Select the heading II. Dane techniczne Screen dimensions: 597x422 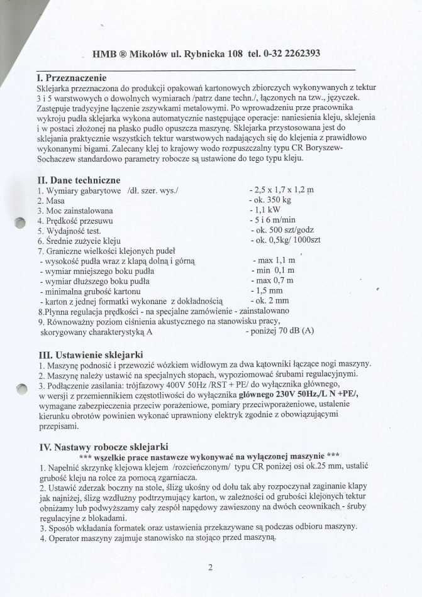pyautogui.click(x=79, y=180)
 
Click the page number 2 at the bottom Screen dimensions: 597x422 pyautogui.click(x=210, y=567)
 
